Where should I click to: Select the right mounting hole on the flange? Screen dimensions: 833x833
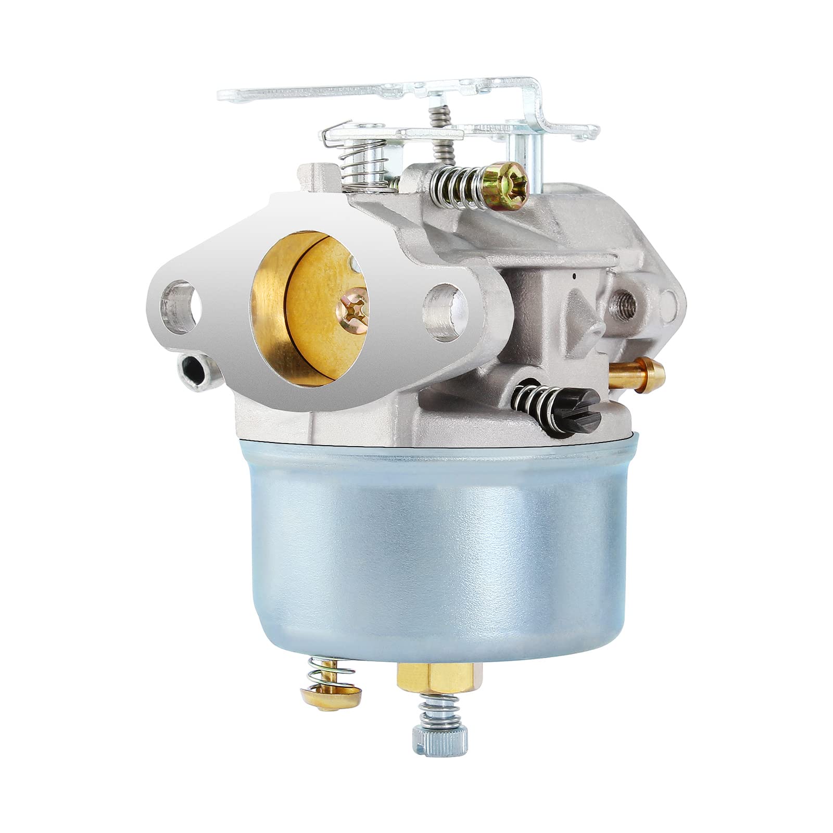coord(446,305)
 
